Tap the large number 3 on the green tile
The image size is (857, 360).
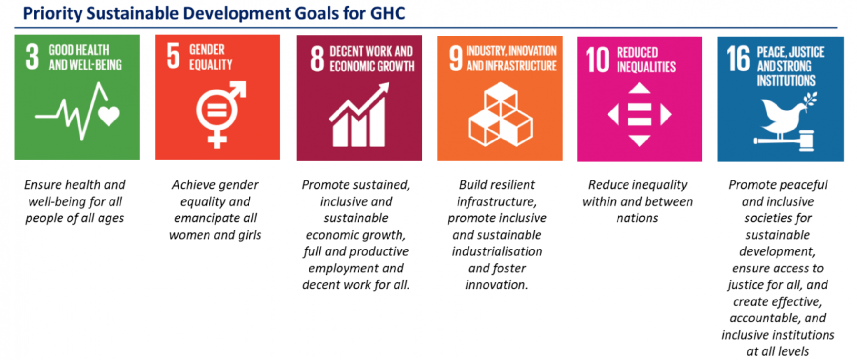pos(32,57)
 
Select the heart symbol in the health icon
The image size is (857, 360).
pos(109,116)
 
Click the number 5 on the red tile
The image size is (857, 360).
pos(173,56)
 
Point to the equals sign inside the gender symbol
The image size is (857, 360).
pos(217,110)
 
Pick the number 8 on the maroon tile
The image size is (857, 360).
pos(317,59)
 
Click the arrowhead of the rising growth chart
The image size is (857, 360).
pos(382,89)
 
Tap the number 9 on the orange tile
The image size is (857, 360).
pos(456,58)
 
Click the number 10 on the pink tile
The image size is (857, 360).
pos(598,60)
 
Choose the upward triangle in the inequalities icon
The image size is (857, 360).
pos(639,88)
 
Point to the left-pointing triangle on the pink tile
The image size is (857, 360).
pos(613,115)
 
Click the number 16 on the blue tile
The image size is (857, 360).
pos(738,59)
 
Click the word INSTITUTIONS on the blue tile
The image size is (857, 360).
pos(786,80)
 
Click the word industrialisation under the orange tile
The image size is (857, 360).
pos(497,251)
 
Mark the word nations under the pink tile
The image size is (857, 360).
pos(637,218)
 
